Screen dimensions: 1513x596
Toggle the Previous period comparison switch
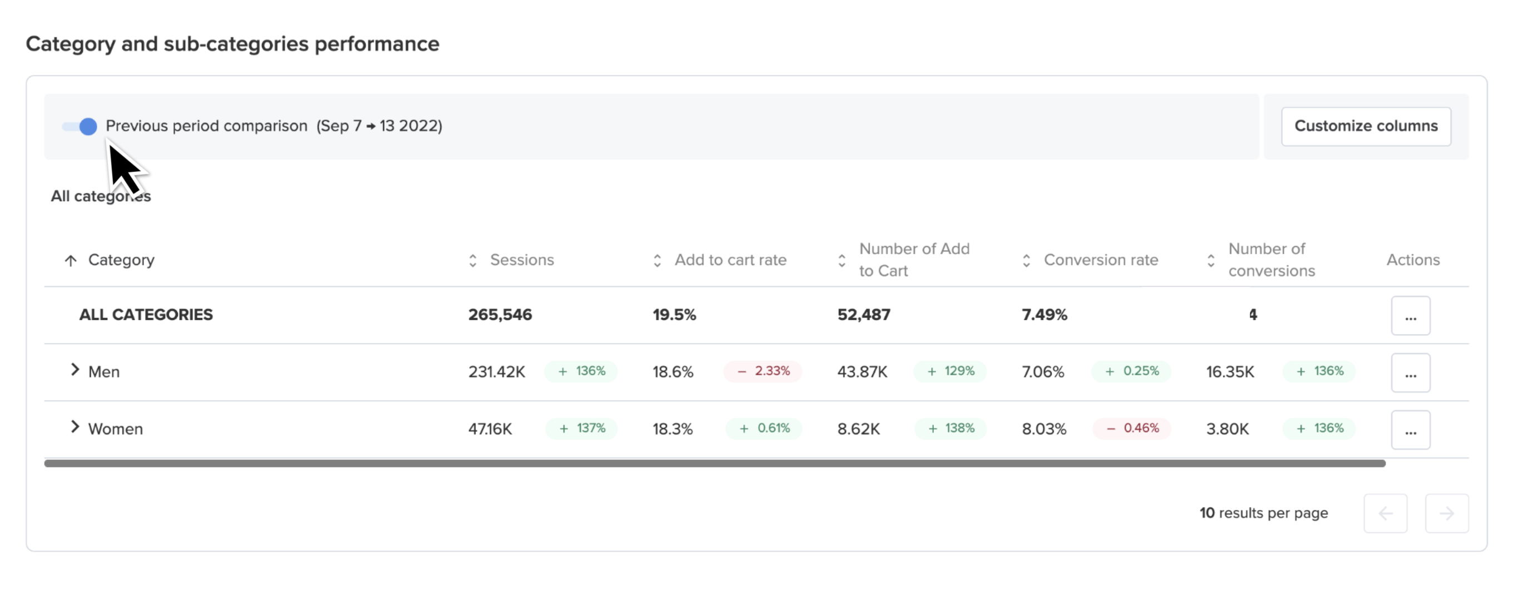pyautogui.click(x=80, y=126)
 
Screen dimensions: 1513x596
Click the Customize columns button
pyautogui.click(x=1366, y=126)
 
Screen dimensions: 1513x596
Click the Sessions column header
pyautogui.click(x=521, y=260)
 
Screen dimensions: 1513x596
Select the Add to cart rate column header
pyautogui.click(x=730, y=260)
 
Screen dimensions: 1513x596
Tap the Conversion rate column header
pyautogui.click(x=1101, y=260)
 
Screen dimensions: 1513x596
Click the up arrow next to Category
pyautogui.click(x=71, y=261)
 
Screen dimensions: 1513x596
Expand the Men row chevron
pyautogui.click(x=74, y=370)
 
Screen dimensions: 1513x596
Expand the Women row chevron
pyautogui.click(x=74, y=427)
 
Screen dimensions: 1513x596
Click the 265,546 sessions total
pyautogui.click(x=500, y=315)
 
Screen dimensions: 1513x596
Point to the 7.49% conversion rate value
pyautogui.click(x=1044, y=315)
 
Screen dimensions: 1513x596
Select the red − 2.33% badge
pyautogui.click(x=763, y=371)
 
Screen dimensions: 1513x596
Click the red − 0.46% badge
pyautogui.click(x=1131, y=428)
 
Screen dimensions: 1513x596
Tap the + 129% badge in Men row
pyautogui.click(x=950, y=371)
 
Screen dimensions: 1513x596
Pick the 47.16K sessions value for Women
pyautogui.click(x=490, y=429)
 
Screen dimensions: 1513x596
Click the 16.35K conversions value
pyautogui.click(x=1230, y=372)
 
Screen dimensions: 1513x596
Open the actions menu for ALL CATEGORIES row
pyautogui.click(x=1410, y=316)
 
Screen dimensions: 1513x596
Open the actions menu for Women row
pyautogui.click(x=1410, y=430)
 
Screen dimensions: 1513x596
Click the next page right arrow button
pyautogui.click(x=1447, y=514)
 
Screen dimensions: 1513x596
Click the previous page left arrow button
pyautogui.click(x=1385, y=514)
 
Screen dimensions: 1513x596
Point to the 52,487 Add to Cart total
pyautogui.click(x=863, y=315)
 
